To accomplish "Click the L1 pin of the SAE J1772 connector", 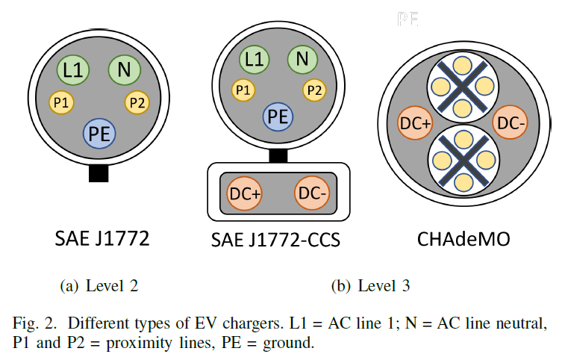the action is [x=73, y=70].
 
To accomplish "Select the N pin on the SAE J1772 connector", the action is [x=125, y=70].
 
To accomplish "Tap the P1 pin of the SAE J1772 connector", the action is [x=61, y=102].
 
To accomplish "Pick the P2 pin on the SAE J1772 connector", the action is [x=137, y=103].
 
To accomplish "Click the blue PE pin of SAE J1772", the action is [x=99, y=134].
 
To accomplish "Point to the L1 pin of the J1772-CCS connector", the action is [x=254, y=60].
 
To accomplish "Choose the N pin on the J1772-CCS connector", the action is [x=302, y=59].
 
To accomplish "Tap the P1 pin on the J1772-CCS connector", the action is [x=243, y=90].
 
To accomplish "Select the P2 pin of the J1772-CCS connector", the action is [x=314, y=90].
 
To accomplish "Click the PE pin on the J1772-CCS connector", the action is [x=278, y=117].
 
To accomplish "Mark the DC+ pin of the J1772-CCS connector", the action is [x=244, y=193].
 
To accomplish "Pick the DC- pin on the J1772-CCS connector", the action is [x=312, y=193].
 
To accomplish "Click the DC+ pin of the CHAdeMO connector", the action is [x=415, y=123].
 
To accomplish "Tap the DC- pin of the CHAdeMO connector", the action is [x=511, y=122].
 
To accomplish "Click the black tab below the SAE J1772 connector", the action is [x=99, y=173].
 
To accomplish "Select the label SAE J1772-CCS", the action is [x=275, y=240].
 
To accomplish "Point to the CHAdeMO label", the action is [x=463, y=239].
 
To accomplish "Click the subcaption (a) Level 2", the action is [x=99, y=286].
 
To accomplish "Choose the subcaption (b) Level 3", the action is [x=371, y=286].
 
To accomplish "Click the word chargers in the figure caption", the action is [x=253, y=323].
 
